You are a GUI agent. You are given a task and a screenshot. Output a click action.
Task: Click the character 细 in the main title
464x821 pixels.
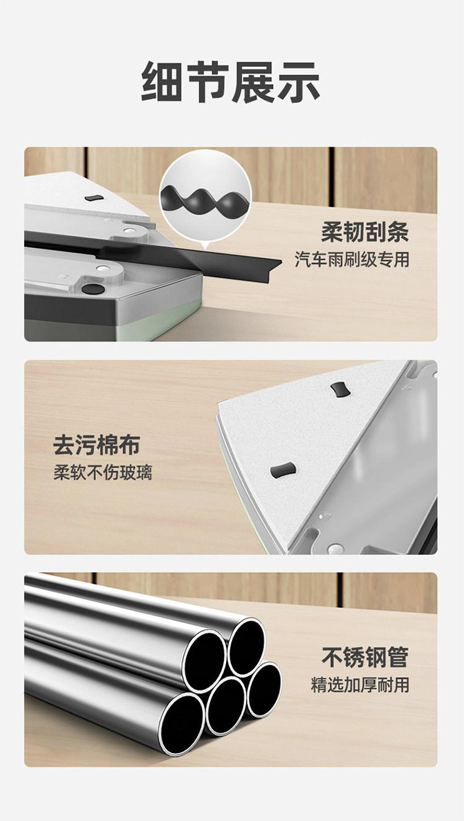[161, 82]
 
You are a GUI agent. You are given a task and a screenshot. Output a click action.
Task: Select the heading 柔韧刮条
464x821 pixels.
[365, 233]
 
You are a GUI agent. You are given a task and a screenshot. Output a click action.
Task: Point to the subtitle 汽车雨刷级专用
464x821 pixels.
[352, 259]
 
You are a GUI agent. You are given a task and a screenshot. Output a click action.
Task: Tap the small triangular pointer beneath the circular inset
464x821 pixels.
[205, 245]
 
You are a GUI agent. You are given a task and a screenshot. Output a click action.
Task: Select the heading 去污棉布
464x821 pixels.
[97, 445]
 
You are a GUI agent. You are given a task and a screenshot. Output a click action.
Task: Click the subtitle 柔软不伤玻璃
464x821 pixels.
[103, 473]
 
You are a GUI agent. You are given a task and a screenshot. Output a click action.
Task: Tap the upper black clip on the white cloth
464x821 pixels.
[340, 390]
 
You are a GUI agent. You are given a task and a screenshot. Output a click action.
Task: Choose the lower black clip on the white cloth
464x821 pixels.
[283, 470]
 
